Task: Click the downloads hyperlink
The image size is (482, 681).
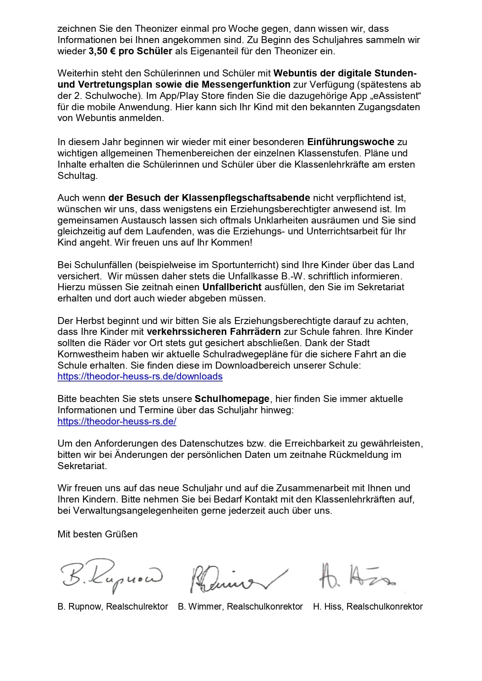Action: [140, 376]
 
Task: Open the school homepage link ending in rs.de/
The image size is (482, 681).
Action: [117, 421]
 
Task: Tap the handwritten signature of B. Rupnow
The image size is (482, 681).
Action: [111, 576]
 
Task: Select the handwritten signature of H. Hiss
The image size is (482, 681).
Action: [355, 576]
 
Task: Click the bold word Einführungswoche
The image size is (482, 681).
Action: [350, 142]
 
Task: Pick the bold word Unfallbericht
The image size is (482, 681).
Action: [232, 287]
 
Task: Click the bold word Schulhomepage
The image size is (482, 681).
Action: [232, 399]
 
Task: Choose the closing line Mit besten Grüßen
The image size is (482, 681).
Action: [97, 534]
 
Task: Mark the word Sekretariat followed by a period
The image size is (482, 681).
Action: [81, 466]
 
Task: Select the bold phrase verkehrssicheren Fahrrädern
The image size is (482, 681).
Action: [214, 332]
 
